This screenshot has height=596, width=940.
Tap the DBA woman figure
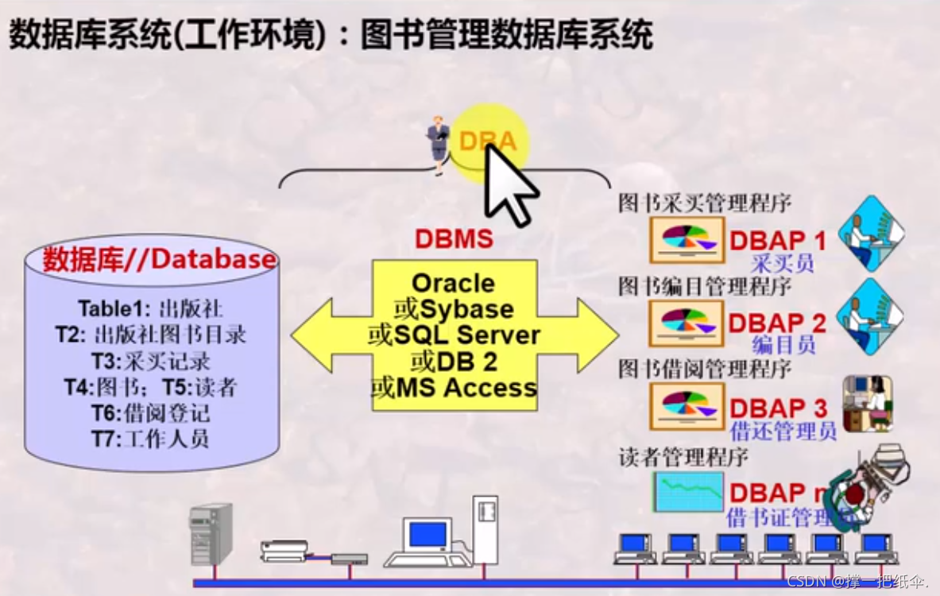(x=438, y=145)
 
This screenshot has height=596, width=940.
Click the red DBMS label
(x=454, y=238)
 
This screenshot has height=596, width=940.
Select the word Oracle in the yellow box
(x=454, y=283)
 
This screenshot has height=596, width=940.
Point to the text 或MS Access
(x=454, y=388)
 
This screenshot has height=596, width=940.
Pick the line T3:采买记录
(x=151, y=362)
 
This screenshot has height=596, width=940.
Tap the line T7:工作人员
(x=151, y=438)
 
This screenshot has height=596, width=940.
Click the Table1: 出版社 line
(x=151, y=308)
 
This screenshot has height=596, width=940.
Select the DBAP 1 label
(x=778, y=240)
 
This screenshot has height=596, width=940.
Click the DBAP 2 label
(x=777, y=323)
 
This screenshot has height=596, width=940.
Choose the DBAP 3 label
(x=778, y=408)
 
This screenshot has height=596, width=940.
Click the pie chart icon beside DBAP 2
(x=687, y=322)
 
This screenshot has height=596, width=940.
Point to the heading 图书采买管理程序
(x=705, y=203)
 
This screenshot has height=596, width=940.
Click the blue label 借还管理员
(x=783, y=432)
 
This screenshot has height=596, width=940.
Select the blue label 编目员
(x=783, y=345)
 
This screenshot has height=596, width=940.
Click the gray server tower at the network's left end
(x=211, y=532)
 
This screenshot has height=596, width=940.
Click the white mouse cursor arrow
(x=509, y=184)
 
